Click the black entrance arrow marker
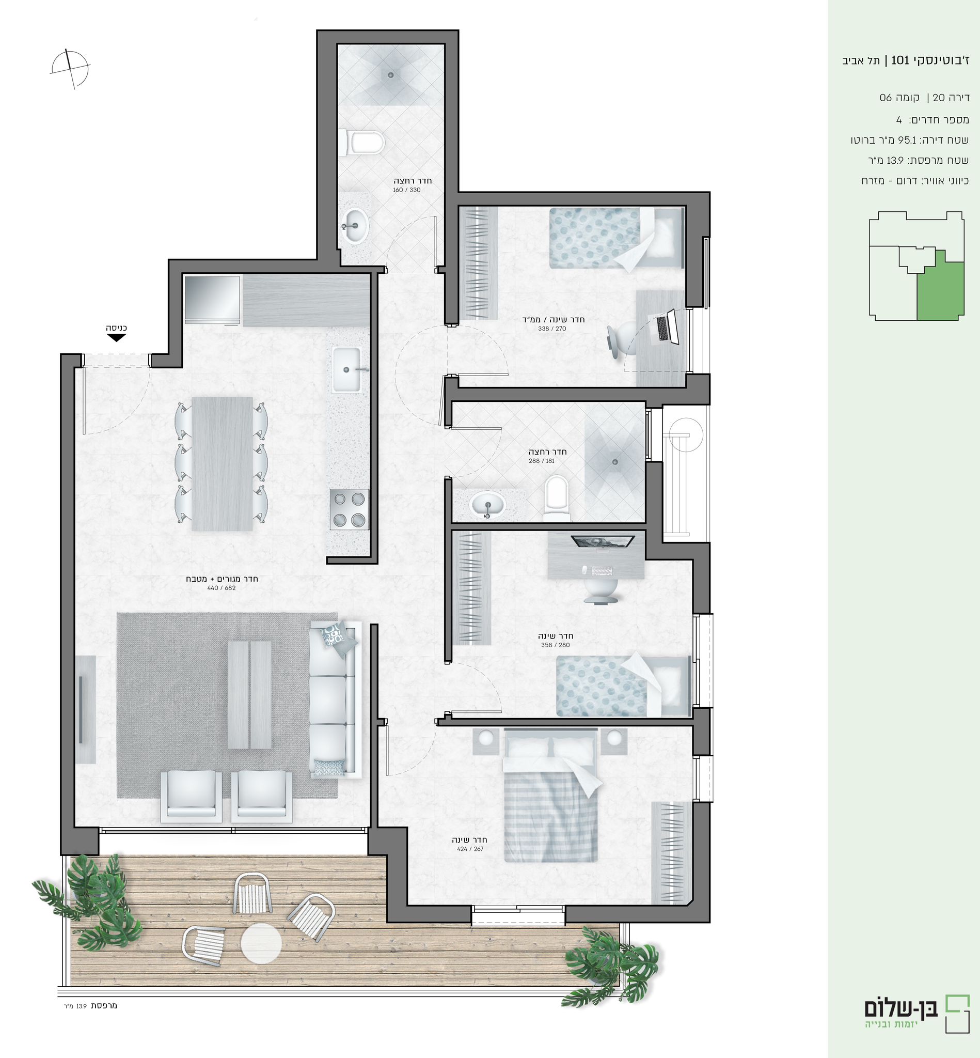[116, 337]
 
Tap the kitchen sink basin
[346, 370]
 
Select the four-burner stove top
[350, 509]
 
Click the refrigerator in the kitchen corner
[212, 299]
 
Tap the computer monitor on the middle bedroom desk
[603, 541]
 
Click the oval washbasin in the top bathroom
[353, 226]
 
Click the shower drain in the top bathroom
[391, 75]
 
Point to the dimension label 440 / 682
[221, 588]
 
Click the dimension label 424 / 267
[470, 849]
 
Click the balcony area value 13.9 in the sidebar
[895, 160]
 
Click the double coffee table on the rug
[249, 694]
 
